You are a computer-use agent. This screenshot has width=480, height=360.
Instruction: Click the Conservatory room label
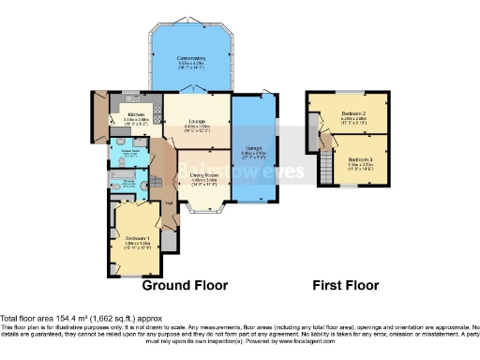(191, 58)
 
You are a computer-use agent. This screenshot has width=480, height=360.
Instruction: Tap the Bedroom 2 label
(353, 112)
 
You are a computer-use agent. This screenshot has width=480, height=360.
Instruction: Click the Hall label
(169, 203)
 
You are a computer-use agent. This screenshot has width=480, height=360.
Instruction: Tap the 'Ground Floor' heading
(187, 285)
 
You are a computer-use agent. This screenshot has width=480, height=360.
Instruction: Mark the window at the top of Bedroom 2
(351, 91)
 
